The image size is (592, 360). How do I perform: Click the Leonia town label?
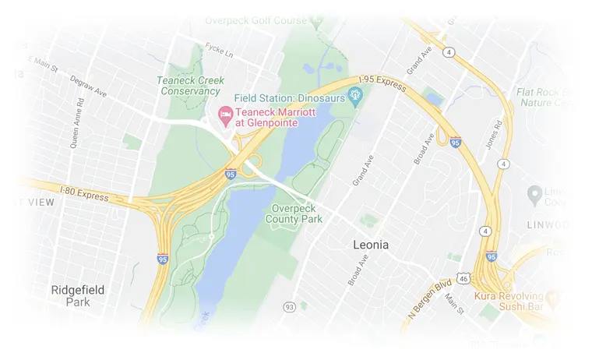pyautogui.click(x=368, y=245)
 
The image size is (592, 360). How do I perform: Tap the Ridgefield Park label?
pyautogui.click(x=77, y=295)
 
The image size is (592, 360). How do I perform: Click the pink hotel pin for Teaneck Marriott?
pyautogui.click(x=224, y=116)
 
